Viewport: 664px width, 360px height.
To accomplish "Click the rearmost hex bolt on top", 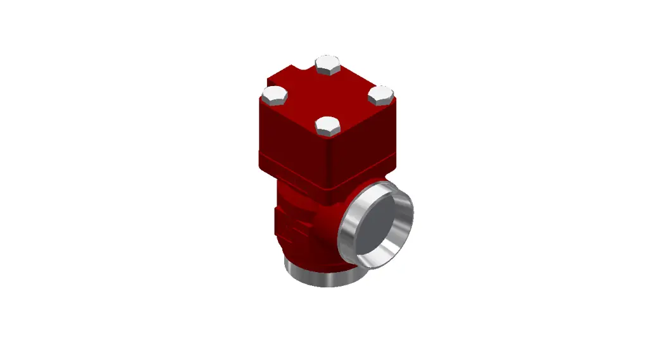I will (328, 65).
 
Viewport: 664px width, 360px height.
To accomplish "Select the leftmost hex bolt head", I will (275, 96).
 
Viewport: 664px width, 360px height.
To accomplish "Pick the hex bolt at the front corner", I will (329, 126).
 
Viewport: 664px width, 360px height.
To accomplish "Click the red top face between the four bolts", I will (328, 95).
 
